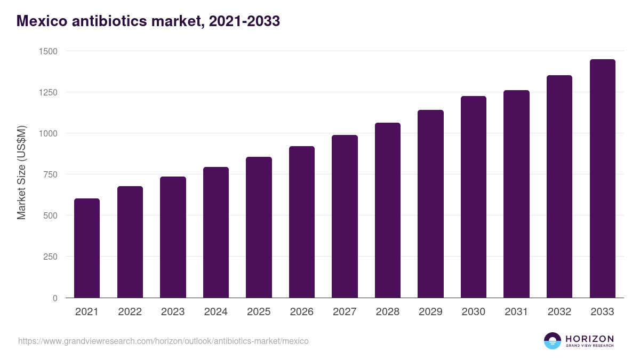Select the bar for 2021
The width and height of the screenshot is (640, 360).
point(87,248)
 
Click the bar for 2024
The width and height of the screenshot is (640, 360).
point(216,233)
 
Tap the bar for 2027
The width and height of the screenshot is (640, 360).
point(345,217)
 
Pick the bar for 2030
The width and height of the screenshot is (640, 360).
point(474,197)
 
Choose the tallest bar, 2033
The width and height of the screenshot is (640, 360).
point(602,179)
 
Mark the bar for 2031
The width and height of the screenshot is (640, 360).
point(516,194)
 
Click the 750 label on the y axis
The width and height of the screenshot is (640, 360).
point(51,174)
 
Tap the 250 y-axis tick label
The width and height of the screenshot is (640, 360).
point(51,257)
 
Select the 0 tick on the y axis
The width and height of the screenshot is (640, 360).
point(55,298)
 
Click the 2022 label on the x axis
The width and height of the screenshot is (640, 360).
point(130,312)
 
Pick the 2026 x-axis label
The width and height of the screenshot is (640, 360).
point(302,312)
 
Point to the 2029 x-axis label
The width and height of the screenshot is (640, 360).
point(430,312)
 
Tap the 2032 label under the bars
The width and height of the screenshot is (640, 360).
point(559,312)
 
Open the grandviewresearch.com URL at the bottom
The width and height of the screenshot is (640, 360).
point(163,341)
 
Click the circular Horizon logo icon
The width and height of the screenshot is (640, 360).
point(553,341)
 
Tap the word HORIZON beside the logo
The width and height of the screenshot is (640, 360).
point(589,338)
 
